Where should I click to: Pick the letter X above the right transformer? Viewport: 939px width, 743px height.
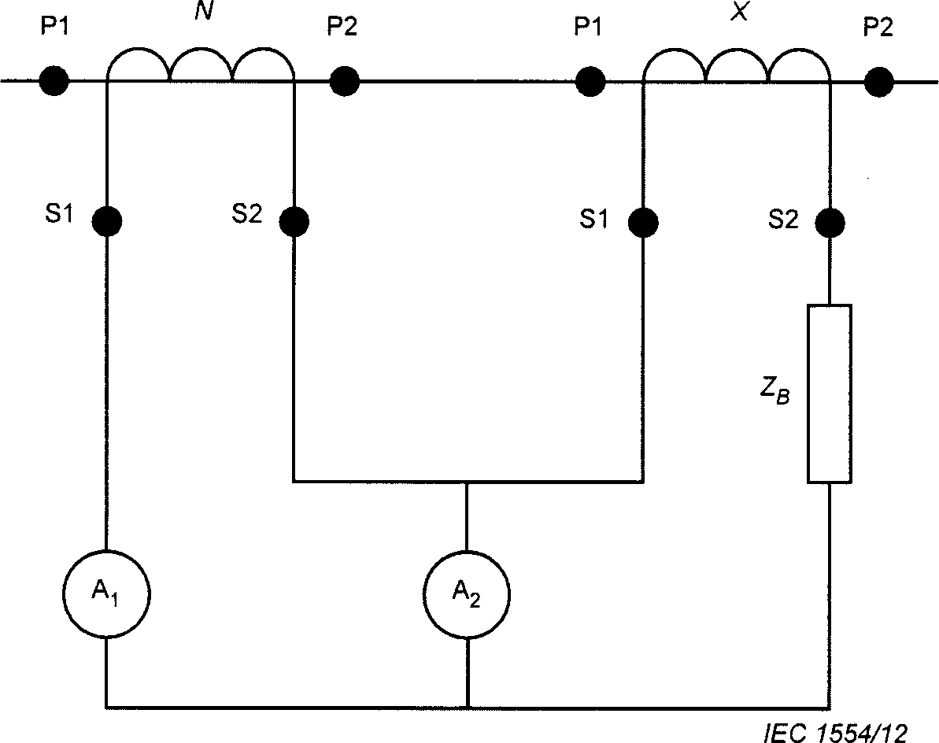(740, 12)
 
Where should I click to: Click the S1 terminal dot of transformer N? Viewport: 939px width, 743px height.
(106, 220)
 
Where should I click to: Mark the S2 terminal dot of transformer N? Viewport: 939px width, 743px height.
(294, 221)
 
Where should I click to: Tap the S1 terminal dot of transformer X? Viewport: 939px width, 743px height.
(643, 222)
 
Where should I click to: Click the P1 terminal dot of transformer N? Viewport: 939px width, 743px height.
(54, 80)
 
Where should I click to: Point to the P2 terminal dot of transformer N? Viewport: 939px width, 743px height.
(344, 81)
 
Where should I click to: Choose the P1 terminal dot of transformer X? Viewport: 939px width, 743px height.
(590, 81)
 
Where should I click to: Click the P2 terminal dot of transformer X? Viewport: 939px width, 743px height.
(878, 82)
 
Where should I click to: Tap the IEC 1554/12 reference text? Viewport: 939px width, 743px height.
(835, 732)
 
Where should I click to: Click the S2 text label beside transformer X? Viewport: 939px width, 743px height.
(783, 220)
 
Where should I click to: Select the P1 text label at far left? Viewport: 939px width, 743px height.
(54, 27)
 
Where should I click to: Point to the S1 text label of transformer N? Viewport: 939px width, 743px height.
(59, 214)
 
